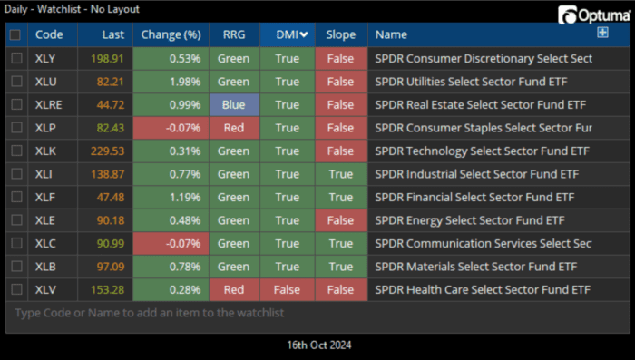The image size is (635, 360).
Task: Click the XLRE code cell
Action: (x=49, y=104)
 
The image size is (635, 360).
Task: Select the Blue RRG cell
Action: (x=233, y=104)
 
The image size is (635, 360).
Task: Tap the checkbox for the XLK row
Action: (x=16, y=151)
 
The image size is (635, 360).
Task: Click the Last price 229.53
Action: (x=107, y=151)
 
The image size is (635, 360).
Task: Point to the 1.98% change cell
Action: (x=171, y=82)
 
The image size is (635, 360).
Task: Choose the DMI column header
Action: (x=287, y=34)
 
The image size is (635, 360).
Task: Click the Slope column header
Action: (x=340, y=34)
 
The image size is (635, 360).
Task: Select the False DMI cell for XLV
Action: (x=287, y=289)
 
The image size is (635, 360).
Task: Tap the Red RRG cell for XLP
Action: (x=233, y=128)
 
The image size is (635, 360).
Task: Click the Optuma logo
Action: (x=594, y=15)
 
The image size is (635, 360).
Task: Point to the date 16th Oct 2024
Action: (x=317, y=345)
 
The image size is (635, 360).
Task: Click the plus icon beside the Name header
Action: (x=601, y=34)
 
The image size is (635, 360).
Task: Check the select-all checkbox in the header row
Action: (x=16, y=34)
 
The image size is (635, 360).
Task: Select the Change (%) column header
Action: (x=171, y=34)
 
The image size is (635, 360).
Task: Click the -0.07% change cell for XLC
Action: (x=171, y=243)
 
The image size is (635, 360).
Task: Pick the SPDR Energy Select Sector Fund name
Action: (x=476, y=220)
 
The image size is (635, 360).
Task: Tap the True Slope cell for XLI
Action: (x=340, y=174)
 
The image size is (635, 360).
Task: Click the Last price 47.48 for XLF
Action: (x=107, y=197)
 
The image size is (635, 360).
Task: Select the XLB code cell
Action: (x=49, y=267)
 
